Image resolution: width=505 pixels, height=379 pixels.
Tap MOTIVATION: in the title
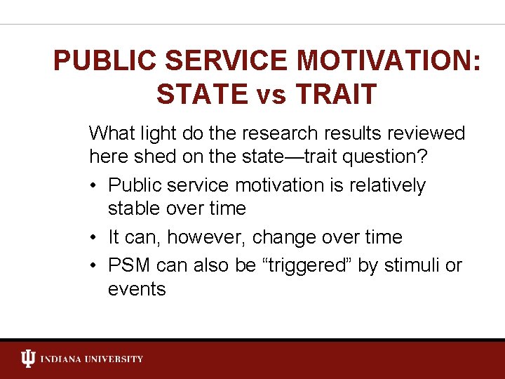(x=389, y=61)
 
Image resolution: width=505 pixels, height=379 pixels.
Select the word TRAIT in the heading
(x=335, y=94)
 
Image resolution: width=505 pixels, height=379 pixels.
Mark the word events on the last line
(x=137, y=289)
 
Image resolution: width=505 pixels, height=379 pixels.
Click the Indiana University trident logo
(x=28, y=359)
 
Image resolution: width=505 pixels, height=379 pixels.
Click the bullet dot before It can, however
(x=94, y=238)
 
